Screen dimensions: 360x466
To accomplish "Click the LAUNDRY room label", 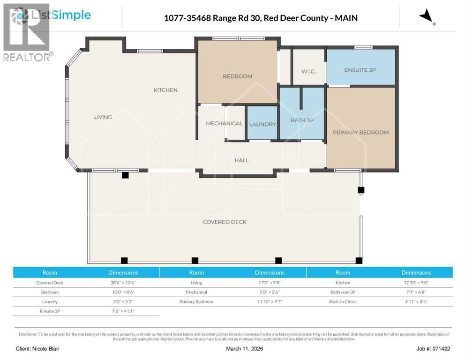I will pyautogui.click(x=263, y=124).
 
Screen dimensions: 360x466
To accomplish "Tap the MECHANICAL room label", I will pyautogui.click(x=224, y=123).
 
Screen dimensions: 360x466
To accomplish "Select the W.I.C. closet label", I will pyautogui.click(x=308, y=71).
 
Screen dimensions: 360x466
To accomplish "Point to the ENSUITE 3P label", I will pyautogui.click(x=360, y=70).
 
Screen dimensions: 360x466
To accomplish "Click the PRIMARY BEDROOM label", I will pyautogui.click(x=361, y=132).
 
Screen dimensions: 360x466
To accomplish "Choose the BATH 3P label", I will pyautogui.click(x=302, y=120).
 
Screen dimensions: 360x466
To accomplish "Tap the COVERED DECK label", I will pyautogui.click(x=225, y=222).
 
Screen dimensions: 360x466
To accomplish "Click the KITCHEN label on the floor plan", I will pyautogui.click(x=165, y=90).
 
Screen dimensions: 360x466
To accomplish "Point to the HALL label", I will pyautogui.click(x=241, y=160).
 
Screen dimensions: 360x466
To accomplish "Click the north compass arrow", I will pyautogui.click(x=426, y=17).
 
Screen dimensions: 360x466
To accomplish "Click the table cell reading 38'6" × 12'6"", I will pyautogui.click(x=123, y=283).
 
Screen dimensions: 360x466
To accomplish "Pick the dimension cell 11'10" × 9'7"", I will pyautogui.click(x=270, y=301).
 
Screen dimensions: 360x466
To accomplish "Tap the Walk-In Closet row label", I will pyautogui.click(x=343, y=301).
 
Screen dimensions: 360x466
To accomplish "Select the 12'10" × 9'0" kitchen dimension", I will pyautogui.click(x=416, y=283).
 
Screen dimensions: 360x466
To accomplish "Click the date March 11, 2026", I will pyautogui.click(x=233, y=349).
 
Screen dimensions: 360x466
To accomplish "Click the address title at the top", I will pyautogui.click(x=261, y=18).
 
